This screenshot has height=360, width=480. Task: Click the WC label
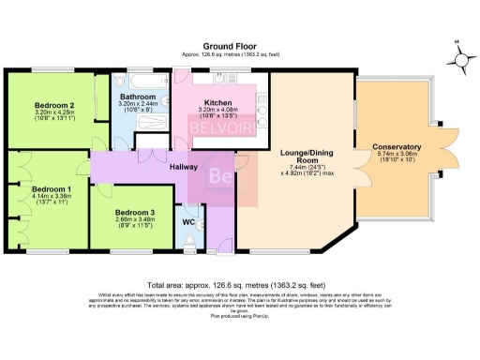coord(187,221)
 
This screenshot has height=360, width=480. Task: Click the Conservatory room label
coord(396,147)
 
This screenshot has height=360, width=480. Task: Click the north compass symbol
coord(461,58)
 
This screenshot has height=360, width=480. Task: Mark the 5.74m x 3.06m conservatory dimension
coord(396,156)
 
